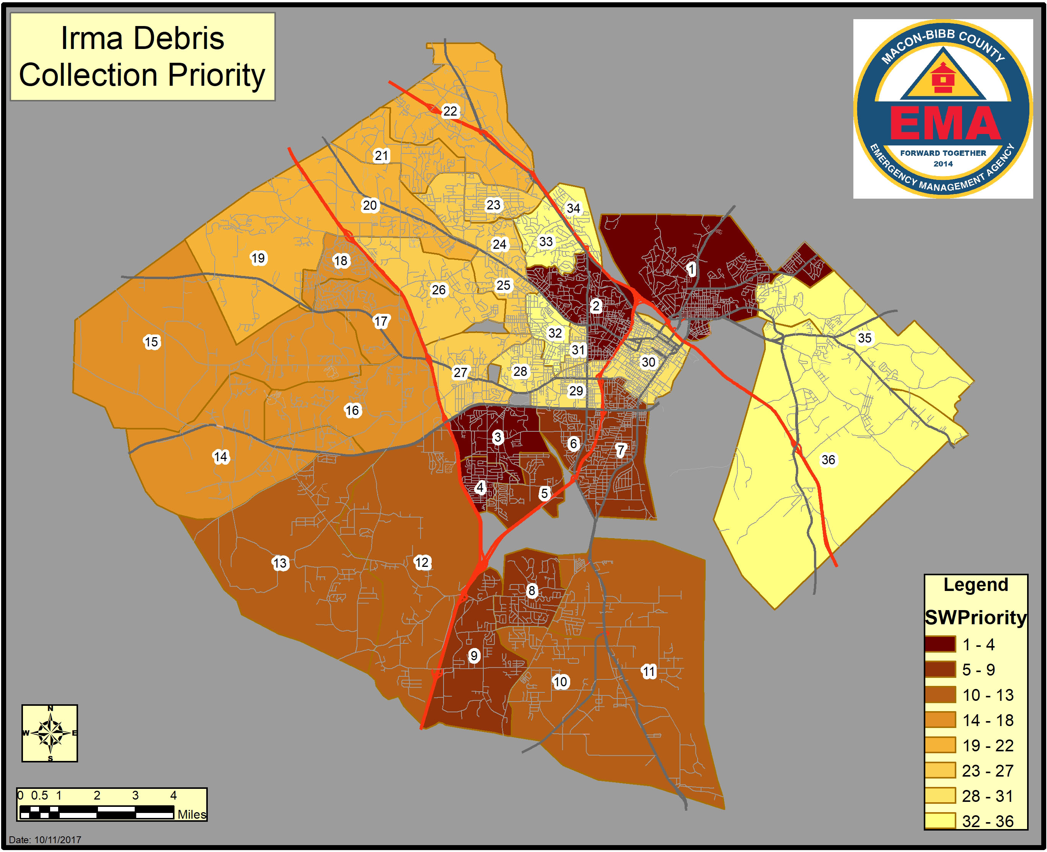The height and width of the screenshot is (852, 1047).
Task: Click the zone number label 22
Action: click(450, 111)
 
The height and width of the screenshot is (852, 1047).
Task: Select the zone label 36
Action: click(828, 460)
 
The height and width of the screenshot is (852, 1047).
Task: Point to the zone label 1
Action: click(691, 269)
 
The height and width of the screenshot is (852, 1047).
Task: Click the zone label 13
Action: click(280, 563)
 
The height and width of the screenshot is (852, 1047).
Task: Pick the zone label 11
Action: click(649, 671)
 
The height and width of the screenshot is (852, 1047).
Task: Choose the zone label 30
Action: click(648, 362)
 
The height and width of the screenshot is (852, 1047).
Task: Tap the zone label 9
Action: click(473, 656)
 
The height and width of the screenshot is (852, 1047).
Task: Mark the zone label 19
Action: click(258, 258)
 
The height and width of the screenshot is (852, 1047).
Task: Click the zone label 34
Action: click(573, 208)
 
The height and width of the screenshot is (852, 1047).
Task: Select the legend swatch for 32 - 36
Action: click(940, 821)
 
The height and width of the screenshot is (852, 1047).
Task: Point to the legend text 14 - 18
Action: click(988, 720)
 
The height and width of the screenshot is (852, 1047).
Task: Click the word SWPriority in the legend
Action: click(975, 618)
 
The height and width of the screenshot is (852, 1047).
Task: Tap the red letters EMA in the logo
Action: click(945, 123)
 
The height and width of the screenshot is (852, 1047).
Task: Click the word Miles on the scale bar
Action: click(191, 814)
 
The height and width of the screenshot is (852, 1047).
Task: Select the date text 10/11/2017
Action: click(57, 840)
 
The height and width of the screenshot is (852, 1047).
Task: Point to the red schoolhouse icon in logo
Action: click(943, 78)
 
